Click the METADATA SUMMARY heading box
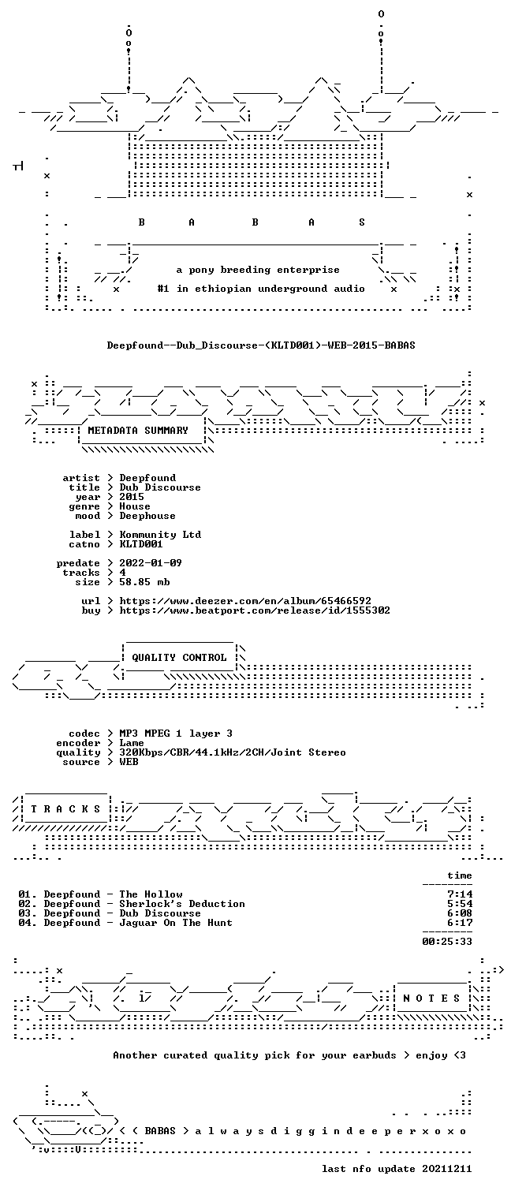pos(138,431)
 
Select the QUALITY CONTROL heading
pos(179,657)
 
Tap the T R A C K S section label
pos(66,808)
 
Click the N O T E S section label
pos(431,998)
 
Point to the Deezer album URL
pos(245,601)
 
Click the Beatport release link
pos(255,610)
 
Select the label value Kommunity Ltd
pos(160,535)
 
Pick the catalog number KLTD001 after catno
pos(140,544)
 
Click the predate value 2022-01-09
pos(151,563)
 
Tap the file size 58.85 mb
pos(144,582)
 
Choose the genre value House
pos(135,506)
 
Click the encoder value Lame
pos(132,743)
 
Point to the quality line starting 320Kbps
pos(233,752)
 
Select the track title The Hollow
pos(151,894)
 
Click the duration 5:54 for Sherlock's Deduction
pos(460,904)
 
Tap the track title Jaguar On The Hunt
pos(176,923)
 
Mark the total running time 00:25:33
pos(447,941)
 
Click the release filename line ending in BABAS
pos(261,345)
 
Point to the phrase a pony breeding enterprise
pos(258,270)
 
